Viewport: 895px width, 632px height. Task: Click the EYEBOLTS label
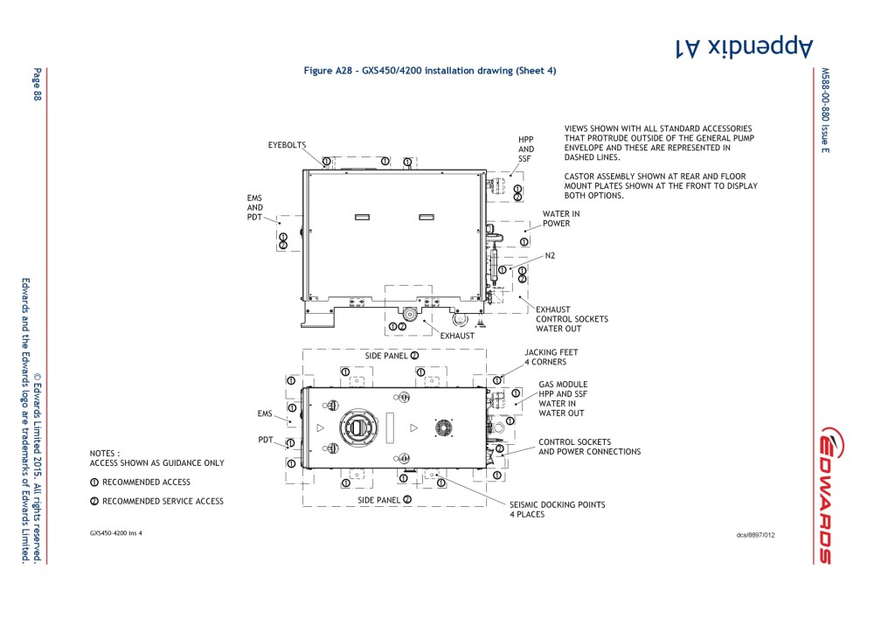[x=287, y=144]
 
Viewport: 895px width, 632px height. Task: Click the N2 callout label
[x=550, y=255]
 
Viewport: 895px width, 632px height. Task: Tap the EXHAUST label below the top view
[x=457, y=336]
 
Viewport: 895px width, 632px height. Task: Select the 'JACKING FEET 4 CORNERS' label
[x=551, y=357]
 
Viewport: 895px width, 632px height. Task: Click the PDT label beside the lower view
[x=267, y=440]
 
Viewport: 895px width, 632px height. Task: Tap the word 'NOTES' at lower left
[x=105, y=454]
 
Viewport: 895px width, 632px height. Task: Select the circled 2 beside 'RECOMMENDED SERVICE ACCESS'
[x=94, y=502]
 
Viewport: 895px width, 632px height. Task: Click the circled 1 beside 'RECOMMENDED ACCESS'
[x=94, y=483]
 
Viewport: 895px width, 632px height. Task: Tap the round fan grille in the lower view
[x=444, y=427]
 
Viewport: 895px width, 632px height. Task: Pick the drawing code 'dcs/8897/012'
[x=756, y=534]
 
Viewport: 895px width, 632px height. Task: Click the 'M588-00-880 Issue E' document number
[x=824, y=110]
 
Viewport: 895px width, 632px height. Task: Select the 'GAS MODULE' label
[x=563, y=385]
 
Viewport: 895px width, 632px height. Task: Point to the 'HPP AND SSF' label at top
[x=525, y=149]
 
